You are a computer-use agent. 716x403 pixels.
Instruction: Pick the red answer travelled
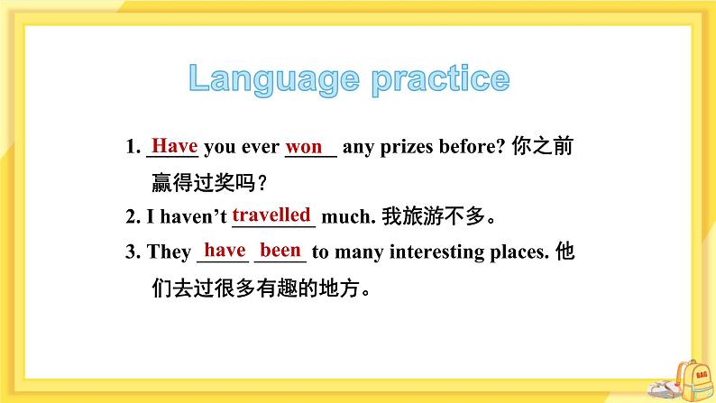pos(271,215)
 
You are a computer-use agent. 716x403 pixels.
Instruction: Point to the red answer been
pos(280,250)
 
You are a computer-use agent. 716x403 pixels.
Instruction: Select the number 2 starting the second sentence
pos(130,217)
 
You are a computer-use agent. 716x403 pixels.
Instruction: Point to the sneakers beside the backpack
pos(666,388)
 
